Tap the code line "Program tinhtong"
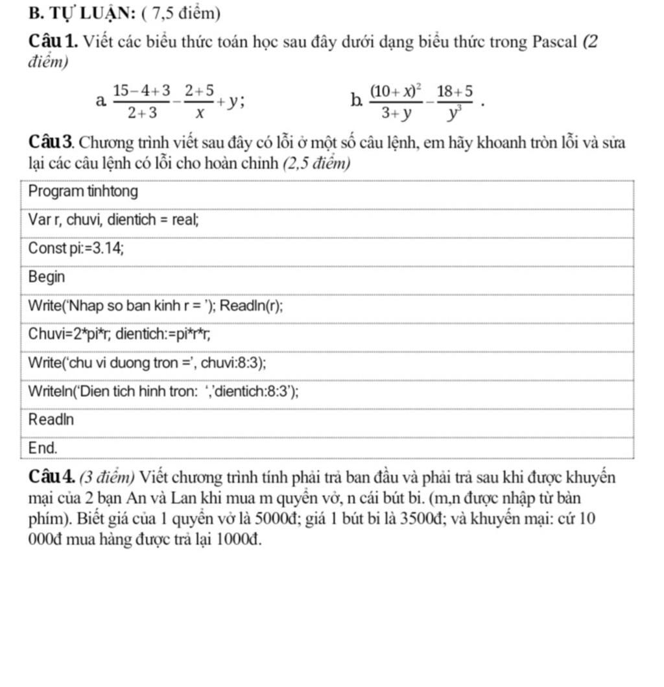click(84, 192)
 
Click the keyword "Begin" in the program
click(47, 277)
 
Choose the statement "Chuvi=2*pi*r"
click(71, 334)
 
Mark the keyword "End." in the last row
click(43, 448)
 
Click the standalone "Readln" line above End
click(52, 419)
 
